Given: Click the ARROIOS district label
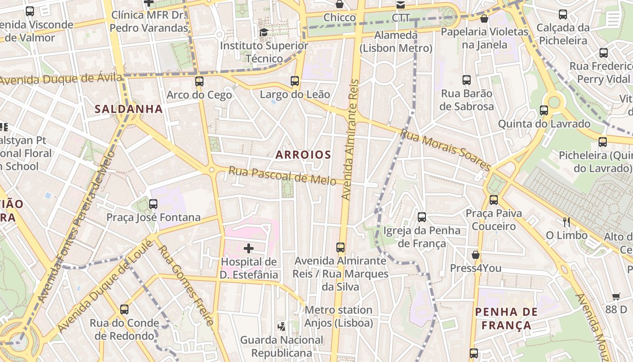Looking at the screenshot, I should pos(303,155).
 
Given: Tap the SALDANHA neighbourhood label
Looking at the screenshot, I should pos(128,109).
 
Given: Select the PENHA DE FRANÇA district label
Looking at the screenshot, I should pos(506,319).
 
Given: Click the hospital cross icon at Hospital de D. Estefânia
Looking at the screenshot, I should pos(249,248).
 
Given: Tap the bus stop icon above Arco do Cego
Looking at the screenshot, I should pos(199,81).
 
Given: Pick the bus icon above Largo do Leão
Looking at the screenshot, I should pos(295,81).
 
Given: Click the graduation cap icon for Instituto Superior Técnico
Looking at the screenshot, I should pos(264,32).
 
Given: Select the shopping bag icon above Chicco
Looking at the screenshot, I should pos(340,5).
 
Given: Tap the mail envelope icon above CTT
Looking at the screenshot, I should pos(401,5).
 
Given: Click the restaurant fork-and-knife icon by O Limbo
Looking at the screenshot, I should pos(566,222).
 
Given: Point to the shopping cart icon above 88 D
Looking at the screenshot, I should pos(616,296).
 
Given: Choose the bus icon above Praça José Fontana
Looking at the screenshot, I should pos(153,204).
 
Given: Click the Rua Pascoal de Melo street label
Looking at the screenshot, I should pos(282,176).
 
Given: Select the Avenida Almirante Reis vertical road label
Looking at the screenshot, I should pos(351,140).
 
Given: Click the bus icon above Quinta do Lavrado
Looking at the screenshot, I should pos(544,110).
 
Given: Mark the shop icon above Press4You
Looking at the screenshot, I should pos(476,255).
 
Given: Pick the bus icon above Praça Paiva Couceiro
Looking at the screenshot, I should pos(494,200).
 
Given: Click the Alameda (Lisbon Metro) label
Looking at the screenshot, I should pos(396,42).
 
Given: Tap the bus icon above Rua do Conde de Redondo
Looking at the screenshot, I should pos(124,310).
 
